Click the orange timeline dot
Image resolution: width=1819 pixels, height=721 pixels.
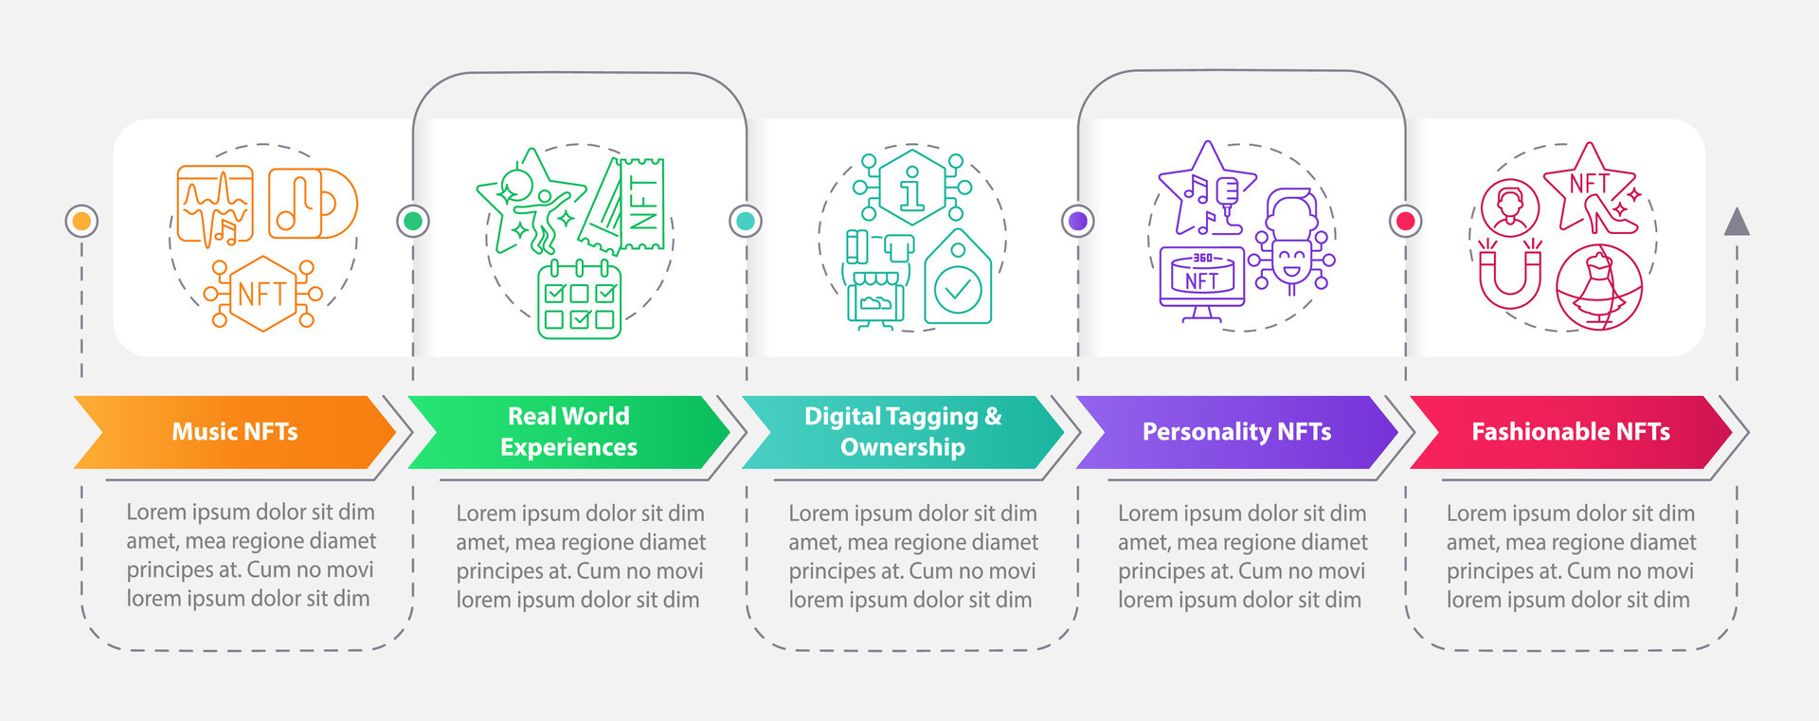(81, 221)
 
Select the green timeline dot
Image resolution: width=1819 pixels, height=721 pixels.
(413, 221)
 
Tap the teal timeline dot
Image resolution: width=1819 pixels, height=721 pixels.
(746, 221)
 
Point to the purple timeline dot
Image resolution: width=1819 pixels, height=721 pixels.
(1077, 221)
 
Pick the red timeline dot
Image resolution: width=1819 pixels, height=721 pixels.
(1406, 221)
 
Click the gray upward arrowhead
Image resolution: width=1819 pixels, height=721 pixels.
(1737, 222)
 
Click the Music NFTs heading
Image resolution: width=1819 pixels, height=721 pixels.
(235, 432)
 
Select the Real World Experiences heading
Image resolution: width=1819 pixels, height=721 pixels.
(568, 432)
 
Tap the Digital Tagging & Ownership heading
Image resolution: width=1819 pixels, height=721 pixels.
(903, 432)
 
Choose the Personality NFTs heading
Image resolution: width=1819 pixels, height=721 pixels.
(1236, 432)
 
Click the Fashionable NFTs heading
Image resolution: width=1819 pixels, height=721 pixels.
(1570, 432)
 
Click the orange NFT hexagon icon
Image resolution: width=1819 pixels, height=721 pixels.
(263, 294)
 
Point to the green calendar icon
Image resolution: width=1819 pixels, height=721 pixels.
(579, 300)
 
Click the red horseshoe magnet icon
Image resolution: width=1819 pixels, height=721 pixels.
(1510, 275)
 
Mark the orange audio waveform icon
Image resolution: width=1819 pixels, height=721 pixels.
(215, 206)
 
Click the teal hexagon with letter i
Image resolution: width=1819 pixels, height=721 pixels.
(911, 187)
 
